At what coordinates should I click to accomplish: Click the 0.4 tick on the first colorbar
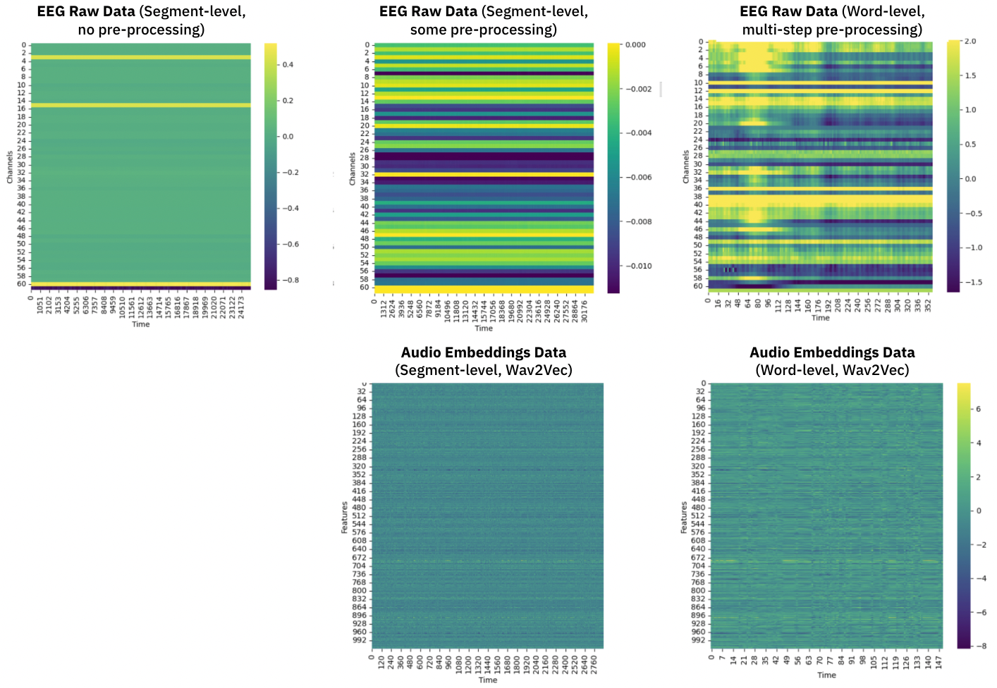click(x=288, y=64)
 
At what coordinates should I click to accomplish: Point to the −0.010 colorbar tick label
click(x=640, y=266)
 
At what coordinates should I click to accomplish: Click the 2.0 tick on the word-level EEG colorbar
click(x=970, y=41)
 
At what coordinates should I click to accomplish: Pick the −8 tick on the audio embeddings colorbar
click(x=981, y=646)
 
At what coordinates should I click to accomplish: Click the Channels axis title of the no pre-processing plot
click(x=10, y=167)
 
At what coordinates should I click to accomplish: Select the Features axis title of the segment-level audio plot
click(x=344, y=517)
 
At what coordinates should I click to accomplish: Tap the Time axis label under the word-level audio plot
click(x=826, y=675)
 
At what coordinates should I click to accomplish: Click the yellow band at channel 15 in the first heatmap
click(x=141, y=105)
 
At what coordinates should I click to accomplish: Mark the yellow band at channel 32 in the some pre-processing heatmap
click(x=484, y=174)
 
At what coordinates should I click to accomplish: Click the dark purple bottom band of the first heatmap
click(x=141, y=288)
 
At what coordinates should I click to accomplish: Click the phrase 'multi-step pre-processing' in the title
click(x=832, y=30)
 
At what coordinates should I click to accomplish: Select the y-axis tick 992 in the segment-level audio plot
click(x=360, y=640)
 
